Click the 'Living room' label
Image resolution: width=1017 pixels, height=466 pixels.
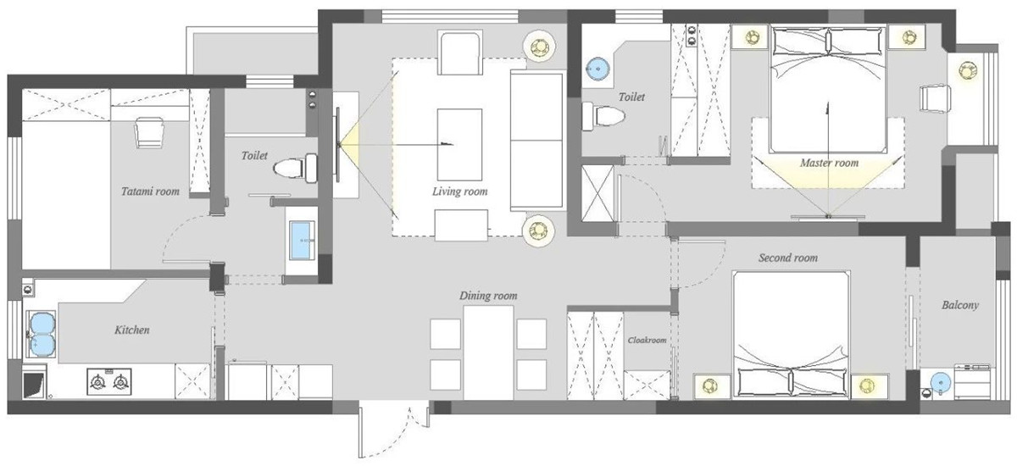coord(459,191)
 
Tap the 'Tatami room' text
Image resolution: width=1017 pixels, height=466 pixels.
coord(150,191)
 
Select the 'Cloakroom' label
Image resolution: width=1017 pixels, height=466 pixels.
coord(647,340)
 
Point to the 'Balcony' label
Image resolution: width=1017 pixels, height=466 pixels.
coord(959,305)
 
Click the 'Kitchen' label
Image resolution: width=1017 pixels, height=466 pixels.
coord(131,330)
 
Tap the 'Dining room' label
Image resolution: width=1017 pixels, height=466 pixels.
coord(488,296)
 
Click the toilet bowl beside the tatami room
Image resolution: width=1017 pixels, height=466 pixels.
coord(296,169)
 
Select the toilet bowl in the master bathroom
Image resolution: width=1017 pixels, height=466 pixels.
coord(603,116)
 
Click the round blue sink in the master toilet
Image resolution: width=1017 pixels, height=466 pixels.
coord(597,69)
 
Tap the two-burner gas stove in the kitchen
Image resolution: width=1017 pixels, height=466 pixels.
coord(109,381)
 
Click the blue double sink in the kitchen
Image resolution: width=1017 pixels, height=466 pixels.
coord(42,335)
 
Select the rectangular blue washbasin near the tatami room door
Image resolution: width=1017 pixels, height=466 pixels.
coord(302,241)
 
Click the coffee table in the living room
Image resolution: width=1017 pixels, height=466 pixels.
coord(459,145)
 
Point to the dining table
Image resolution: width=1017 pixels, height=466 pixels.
coord(488,352)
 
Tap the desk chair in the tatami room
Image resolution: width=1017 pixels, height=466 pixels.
coord(149,132)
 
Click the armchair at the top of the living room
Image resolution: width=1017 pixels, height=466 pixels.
coord(460,53)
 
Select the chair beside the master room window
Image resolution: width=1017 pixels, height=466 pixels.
coord(936,98)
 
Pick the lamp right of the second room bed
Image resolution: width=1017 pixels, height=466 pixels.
coord(867,386)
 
